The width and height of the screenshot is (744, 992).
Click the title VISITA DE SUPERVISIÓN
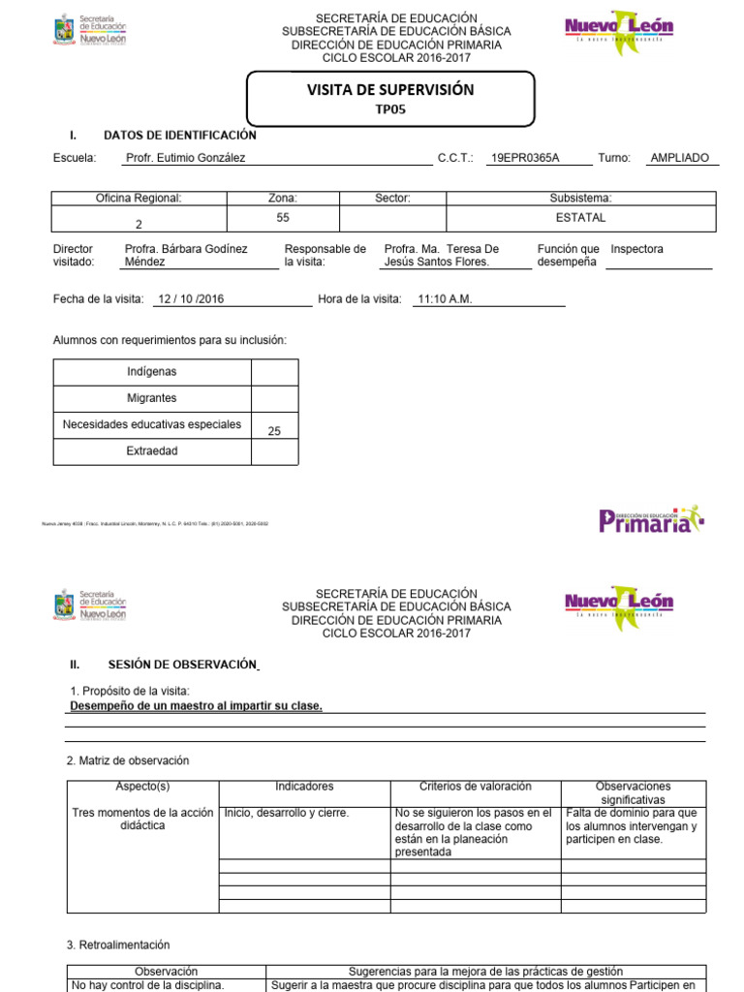coord(390,90)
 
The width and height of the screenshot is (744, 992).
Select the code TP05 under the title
coord(389,109)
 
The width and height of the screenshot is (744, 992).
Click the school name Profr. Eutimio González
coord(185,158)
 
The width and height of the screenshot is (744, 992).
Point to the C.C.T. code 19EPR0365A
coord(525,158)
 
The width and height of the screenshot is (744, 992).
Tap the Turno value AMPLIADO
coord(679,158)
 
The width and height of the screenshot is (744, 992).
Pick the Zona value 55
coord(283,219)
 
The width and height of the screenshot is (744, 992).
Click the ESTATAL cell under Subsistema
coord(580,218)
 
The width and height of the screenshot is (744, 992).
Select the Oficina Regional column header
coord(139,199)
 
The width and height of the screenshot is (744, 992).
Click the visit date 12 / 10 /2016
coord(190,299)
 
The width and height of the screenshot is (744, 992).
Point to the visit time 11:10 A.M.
coord(444,299)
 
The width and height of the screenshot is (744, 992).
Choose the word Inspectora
coord(637,250)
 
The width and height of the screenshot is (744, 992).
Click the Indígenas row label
coord(152,372)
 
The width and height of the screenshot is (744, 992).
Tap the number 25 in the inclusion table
coord(274,431)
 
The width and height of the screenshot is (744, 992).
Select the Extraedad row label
coord(152,451)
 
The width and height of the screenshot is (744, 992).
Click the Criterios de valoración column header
coord(475,787)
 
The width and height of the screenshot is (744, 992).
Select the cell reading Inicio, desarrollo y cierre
coord(287,813)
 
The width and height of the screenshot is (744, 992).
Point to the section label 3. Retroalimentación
coord(118,945)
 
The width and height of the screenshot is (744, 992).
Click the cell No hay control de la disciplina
coord(149,985)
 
